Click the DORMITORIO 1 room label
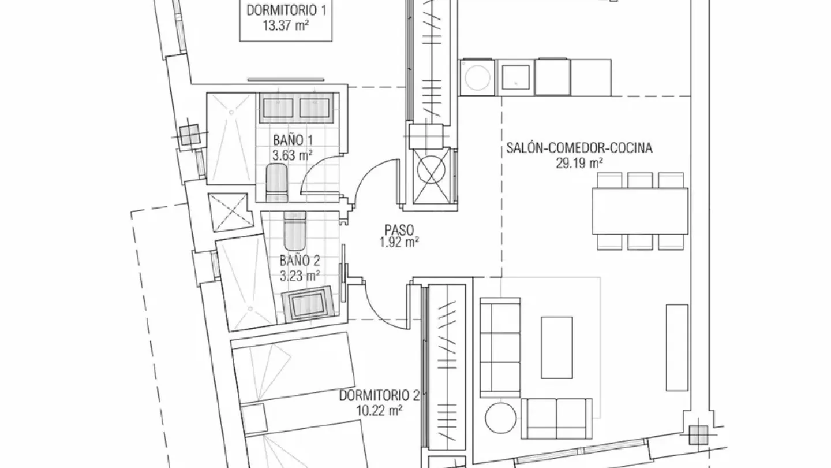point(286,10)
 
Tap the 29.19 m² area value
point(579,163)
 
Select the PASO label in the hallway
point(399,230)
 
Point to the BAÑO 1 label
point(293,140)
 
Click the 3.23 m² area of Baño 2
point(300,276)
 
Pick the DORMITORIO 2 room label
point(379,396)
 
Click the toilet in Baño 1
point(277,183)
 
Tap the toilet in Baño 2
point(295,231)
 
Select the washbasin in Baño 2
point(307,303)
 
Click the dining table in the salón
point(640,211)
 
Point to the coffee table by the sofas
point(556,347)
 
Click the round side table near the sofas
point(500,418)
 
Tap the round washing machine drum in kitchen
point(477,77)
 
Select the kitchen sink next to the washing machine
point(516,77)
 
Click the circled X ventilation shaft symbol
point(431,170)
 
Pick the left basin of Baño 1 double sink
point(277,107)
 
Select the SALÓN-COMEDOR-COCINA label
point(579,148)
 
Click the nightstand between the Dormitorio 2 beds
point(254,418)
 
